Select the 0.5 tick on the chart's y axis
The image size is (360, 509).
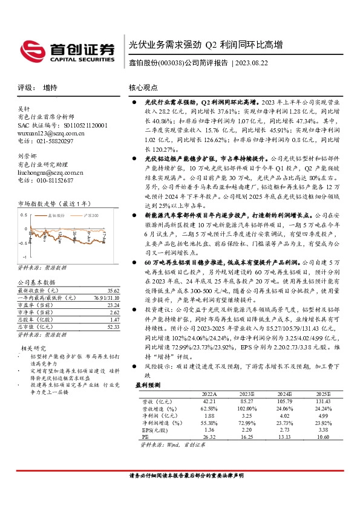tap(24, 215)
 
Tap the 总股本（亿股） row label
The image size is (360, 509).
tap(37, 320)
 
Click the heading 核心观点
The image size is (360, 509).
tap(143, 88)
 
